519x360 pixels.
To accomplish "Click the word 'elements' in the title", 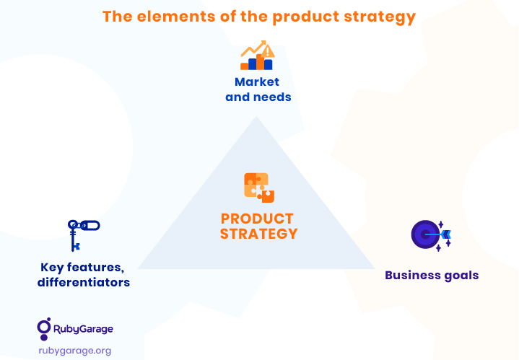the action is coord(175,16).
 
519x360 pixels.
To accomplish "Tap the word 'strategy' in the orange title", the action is coord(380,17).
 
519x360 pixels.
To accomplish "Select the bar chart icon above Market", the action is coord(257,56).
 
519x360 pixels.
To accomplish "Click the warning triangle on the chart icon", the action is coord(268,51).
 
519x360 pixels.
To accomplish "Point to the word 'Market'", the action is coord(257,82).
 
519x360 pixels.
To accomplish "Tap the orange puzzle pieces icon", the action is coord(259,188).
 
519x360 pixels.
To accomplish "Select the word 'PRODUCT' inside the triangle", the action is coord(257,219).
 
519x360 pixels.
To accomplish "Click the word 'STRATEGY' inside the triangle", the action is coord(259,234).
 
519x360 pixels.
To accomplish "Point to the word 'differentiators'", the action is coord(84,282).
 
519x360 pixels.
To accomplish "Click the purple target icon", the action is coord(431,236).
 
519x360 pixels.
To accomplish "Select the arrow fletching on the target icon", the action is coord(447,234).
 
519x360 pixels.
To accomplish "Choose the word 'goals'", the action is coord(461,276).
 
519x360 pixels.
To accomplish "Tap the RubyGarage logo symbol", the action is coord(44,329).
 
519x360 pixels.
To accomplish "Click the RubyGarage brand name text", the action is coord(84,329).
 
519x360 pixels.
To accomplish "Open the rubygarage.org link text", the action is coord(75,351).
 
